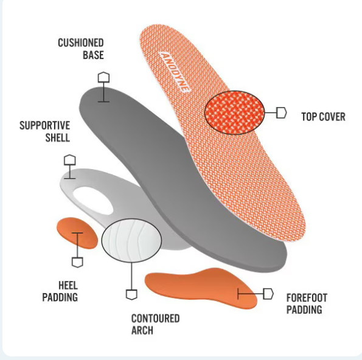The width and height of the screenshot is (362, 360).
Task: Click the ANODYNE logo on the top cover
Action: pyautogui.click(x=175, y=72)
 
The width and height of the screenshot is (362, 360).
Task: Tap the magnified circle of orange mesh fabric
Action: pyautogui.click(x=235, y=112)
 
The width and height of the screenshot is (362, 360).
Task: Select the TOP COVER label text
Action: pyautogui.click(x=323, y=117)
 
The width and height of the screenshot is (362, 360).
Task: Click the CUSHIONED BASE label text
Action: pyautogui.click(x=81, y=49)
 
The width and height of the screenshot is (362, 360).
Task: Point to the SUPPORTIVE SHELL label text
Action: pyautogui.click(x=45, y=131)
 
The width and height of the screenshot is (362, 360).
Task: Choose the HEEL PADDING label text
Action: pyautogui.click(x=60, y=291)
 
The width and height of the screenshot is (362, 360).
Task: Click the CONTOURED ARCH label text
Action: pyautogui.click(x=155, y=324)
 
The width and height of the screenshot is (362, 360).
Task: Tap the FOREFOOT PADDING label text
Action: pyautogui.click(x=307, y=303)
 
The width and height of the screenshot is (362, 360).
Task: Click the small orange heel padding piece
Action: pyautogui.click(x=77, y=233)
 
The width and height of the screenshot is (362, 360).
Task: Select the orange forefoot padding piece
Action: pyautogui.click(x=201, y=288)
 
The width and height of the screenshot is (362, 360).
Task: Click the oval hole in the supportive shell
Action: pyautogui.click(x=93, y=201)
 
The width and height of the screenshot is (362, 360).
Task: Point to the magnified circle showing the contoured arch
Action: pyautogui.click(x=131, y=240)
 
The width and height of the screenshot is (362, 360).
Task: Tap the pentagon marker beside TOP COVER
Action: pyautogui.click(x=282, y=112)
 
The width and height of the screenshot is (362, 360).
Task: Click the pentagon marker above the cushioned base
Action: pyautogui.click(x=103, y=77)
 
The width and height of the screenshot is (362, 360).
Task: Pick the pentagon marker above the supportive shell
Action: pyautogui.click(x=70, y=160)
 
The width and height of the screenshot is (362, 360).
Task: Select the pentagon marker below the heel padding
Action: pyautogui.click(x=77, y=262)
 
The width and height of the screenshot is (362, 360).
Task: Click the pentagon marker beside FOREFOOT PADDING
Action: pyautogui.click(x=268, y=294)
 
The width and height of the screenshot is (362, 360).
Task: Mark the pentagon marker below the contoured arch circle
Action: pyautogui.click(x=131, y=294)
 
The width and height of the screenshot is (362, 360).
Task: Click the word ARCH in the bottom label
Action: pyautogui.click(x=142, y=330)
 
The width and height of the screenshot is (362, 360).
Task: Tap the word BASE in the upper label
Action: pyautogui.click(x=93, y=55)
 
